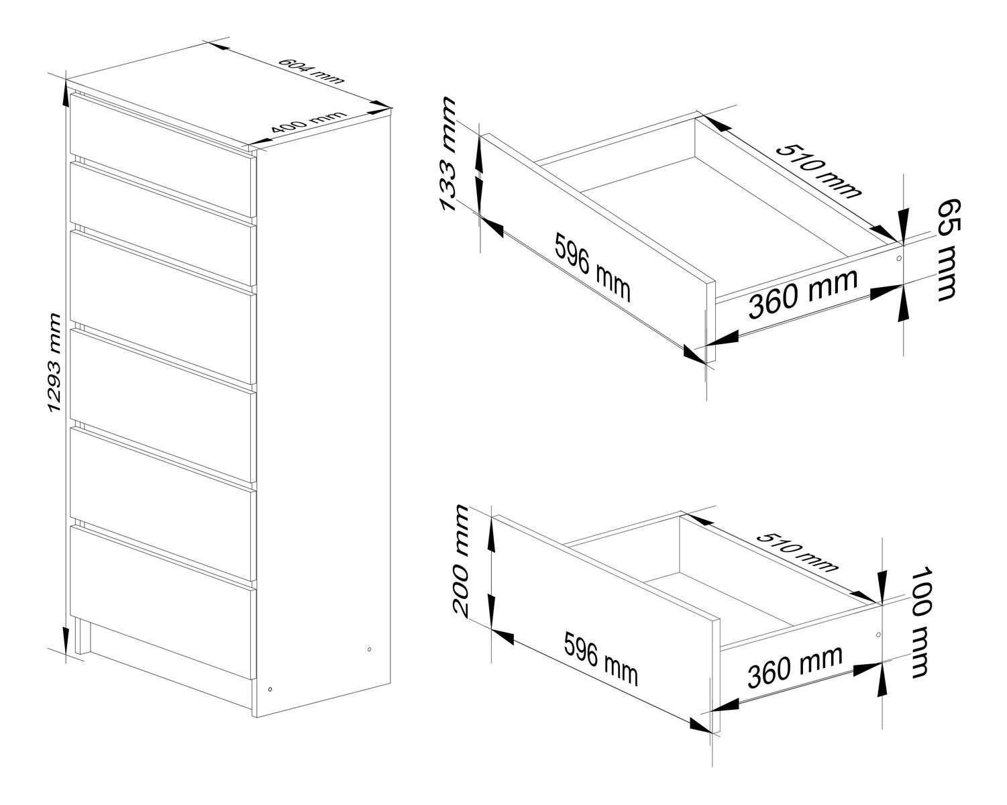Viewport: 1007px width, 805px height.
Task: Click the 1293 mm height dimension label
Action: click(x=55, y=363)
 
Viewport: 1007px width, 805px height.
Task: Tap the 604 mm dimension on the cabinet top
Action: click(x=311, y=71)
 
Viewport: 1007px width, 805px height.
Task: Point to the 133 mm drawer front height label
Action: click(x=447, y=154)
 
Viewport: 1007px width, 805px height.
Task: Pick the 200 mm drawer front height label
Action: click(x=460, y=560)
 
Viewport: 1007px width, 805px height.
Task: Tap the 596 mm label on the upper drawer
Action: click(x=592, y=268)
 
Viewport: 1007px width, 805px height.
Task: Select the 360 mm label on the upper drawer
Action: click(x=803, y=293)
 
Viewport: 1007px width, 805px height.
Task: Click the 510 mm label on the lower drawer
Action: click(x=796, y=553)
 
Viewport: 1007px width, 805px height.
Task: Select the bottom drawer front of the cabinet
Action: click(x=162, y=602)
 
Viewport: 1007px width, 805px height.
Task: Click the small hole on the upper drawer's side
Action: click(x=898, y=258)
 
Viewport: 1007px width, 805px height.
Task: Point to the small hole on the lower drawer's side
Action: click(x=878, y=635)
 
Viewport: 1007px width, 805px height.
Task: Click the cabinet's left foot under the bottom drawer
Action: click(x=81, y=637)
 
